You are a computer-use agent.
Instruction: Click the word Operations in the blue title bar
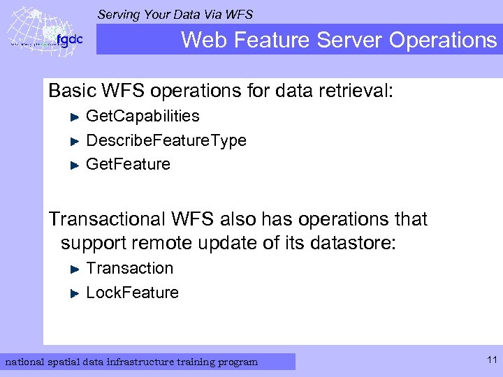tap(442, 40)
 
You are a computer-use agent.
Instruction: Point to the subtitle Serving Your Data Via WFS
tap(175, 14)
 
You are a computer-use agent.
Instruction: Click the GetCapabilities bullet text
tap(143, 116)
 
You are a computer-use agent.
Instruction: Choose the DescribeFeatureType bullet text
tap(166, 140)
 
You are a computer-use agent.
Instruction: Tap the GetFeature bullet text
tap(128, 164)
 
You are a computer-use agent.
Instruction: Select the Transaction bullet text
tap(129, 268)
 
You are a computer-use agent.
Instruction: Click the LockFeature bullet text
tap(132, 293)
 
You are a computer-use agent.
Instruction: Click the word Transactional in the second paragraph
tap(107, 219)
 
